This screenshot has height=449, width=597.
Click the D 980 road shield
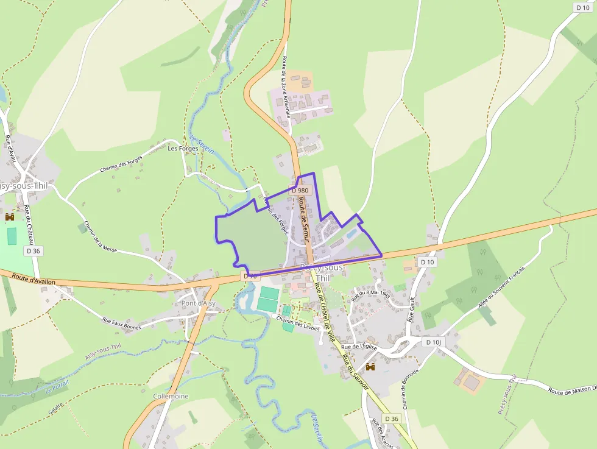[300, 190]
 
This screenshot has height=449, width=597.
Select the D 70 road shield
[250, 276]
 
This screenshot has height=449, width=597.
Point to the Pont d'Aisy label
[199, 303]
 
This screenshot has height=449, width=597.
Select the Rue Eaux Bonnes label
[121, 323]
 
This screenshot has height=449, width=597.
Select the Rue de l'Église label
[360, 347]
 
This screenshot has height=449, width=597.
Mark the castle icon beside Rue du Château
[10, 217]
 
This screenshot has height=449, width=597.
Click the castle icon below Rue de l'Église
[369, 367]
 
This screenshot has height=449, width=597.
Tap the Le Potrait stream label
[58, 387]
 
